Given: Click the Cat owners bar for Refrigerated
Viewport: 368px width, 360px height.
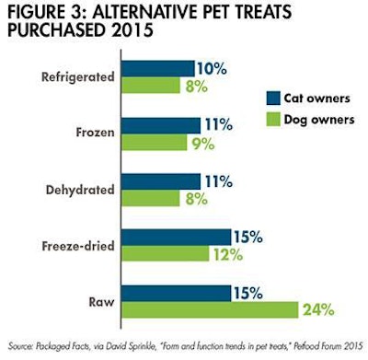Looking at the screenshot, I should [158, 68].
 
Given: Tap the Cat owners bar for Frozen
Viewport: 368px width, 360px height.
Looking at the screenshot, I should [161, 124].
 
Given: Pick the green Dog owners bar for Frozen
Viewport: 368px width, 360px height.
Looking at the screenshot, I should [155, 143].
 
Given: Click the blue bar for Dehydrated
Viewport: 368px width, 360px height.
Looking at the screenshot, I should [161, 180].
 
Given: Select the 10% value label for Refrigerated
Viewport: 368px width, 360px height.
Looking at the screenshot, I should [213, 68].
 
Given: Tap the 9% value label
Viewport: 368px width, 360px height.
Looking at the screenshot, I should [203, 143].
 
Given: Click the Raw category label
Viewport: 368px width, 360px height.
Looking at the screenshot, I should [103, 302].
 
